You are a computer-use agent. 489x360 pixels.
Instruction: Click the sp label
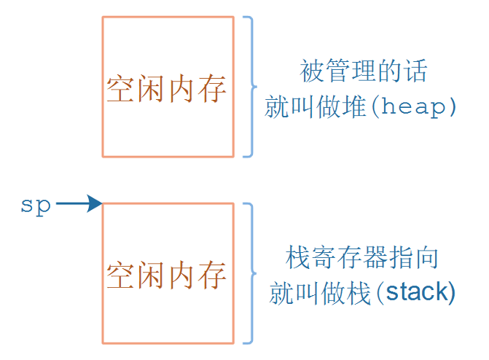[x=36, y=205]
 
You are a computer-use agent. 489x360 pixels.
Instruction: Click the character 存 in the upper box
[x=213, y=90]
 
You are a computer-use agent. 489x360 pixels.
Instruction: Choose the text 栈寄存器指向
[x=362, y=257]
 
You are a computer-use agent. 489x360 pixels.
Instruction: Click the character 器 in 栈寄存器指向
[x=375, y=257]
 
